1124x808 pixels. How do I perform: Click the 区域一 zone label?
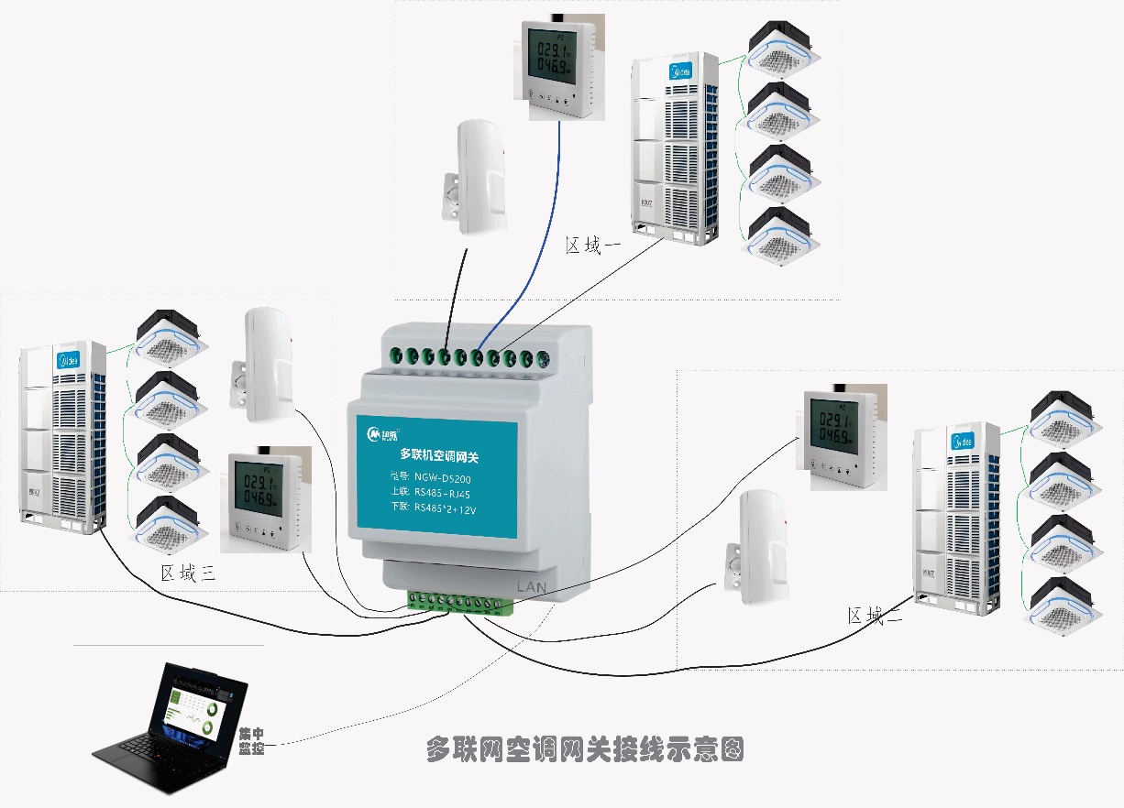593,246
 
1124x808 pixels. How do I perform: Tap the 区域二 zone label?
875,617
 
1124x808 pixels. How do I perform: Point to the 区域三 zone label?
187,573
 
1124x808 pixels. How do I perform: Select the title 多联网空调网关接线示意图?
584,749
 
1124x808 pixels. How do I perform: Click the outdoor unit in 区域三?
64,437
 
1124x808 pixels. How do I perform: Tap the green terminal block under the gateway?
461,602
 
